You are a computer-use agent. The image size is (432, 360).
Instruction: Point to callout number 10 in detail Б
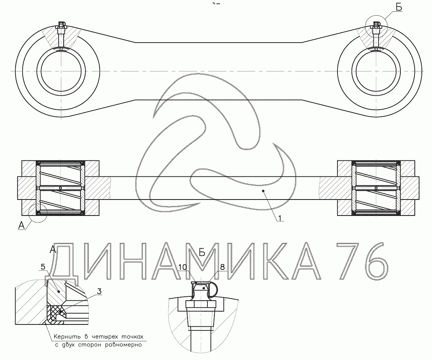tap(183, 267)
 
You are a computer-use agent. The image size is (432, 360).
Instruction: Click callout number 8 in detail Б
tap(223, 267)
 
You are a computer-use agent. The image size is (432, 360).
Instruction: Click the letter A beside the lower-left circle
tap(22, 225)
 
